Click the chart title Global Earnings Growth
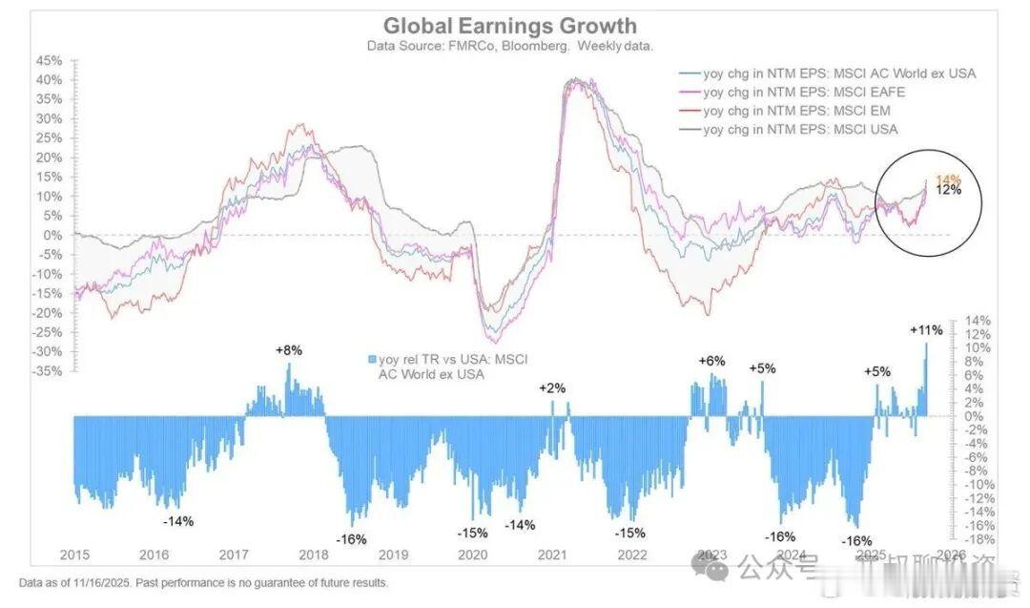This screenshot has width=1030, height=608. [x=509, y=26]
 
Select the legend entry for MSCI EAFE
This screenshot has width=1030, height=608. [x=803, y=93]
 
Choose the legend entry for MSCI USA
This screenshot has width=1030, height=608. [x=799, y=129]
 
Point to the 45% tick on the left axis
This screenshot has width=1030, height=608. [x=49, y=59]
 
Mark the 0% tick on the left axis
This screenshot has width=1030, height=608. [x=53, y=235]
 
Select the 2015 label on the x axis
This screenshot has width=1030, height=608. [x=74, y=555]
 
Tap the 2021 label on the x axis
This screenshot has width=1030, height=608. [x=552, y=555]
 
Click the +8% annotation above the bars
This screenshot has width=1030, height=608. [x=288, y=350]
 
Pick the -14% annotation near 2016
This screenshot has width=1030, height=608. [x=177, y=521]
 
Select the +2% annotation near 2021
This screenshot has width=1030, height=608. [x=552, y=388]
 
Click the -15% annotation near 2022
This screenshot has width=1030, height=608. [x=629, y=533]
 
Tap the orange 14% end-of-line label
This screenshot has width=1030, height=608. [x=948, y=179]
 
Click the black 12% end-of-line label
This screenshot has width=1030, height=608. [x=948, y=190]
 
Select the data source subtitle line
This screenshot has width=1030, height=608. [x=509, y=45]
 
